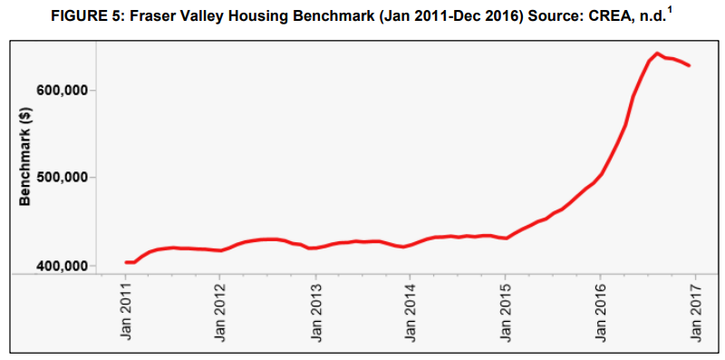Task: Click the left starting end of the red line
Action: tap(126, 262)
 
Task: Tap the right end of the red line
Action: tap(690, 65)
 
